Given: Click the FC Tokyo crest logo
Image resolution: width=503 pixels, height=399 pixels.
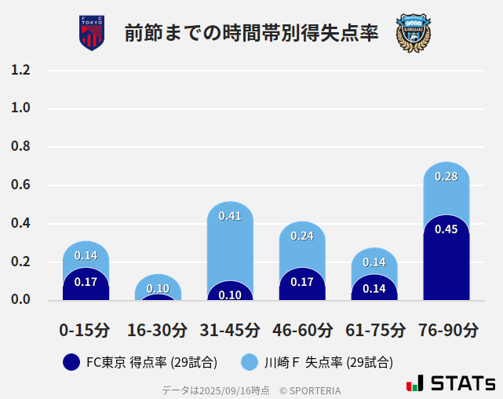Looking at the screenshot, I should click(92, 33).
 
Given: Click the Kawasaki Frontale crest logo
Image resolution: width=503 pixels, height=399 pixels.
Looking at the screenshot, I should click(413, 33).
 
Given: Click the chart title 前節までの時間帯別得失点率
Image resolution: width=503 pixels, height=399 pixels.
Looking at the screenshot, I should click(251, 34).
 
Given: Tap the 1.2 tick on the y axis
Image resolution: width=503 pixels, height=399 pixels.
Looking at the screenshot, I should click(20, 70).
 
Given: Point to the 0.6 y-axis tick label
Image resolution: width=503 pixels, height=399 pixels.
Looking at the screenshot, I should click(20, 185).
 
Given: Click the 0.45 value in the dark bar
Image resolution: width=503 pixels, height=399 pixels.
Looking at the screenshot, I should click(447, 229).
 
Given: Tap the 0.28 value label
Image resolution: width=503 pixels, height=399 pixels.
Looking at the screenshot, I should click(447, 177).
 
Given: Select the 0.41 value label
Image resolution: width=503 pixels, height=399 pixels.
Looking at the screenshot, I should click(230, 216).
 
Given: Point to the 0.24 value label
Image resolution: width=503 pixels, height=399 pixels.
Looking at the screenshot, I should click(302, 236).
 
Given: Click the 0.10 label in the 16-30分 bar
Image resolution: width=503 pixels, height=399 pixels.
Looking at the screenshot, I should click(158, 288).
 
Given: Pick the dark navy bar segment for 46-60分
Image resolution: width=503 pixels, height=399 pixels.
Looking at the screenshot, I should click(302, 286).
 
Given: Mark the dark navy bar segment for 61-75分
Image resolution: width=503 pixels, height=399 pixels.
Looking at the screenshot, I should click(374, 288).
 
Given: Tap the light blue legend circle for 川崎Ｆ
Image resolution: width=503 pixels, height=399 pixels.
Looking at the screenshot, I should click(250, 362).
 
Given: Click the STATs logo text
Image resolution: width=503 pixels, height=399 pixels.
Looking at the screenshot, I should click(462, 384).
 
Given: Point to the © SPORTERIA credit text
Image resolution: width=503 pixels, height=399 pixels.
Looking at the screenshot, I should click(310, 390).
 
